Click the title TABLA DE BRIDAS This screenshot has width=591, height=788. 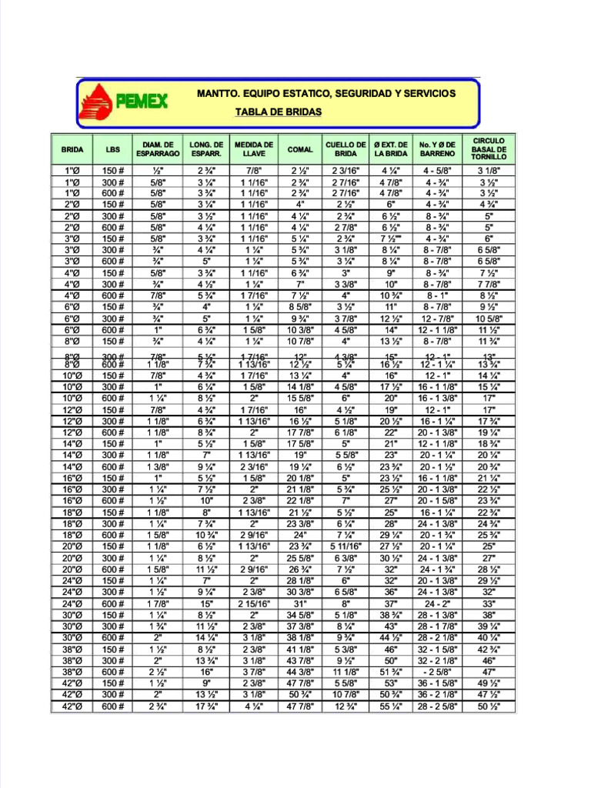(278, 112)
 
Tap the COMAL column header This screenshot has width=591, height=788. (300, 150)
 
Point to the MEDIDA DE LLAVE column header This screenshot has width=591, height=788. (253, 149)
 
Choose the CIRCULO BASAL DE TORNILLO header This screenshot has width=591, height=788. (489, 149)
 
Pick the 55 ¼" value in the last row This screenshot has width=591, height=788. (391, 728)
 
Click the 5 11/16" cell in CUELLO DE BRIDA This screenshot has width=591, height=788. (346, 547)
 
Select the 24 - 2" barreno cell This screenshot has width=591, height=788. (436, 604)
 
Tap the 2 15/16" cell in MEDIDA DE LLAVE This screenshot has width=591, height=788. (253, 604)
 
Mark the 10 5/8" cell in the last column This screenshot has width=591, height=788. (489, 319)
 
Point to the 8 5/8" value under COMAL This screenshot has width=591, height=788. (300, 307)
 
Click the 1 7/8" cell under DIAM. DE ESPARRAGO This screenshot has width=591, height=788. (158, 604)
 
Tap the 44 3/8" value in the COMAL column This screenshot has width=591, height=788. (300, 671)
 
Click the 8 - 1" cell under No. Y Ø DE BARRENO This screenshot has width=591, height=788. (436, 295)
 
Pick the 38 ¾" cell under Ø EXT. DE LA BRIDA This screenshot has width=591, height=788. (391, 615)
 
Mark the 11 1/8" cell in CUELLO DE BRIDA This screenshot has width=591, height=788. (346, 671)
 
